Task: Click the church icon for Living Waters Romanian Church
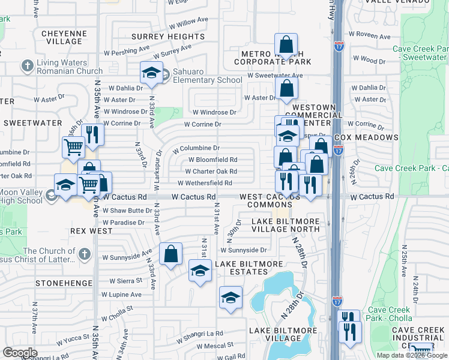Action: coord(26,65)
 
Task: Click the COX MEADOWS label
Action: coord(367,137)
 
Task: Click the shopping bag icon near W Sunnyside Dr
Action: coord(171,253)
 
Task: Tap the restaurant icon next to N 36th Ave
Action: coord(92,134)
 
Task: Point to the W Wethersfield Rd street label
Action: coord(205,183)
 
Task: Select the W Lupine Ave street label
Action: coord(121,295)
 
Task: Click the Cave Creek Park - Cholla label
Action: coord(390,314)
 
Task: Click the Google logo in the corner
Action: coord(20,353)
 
